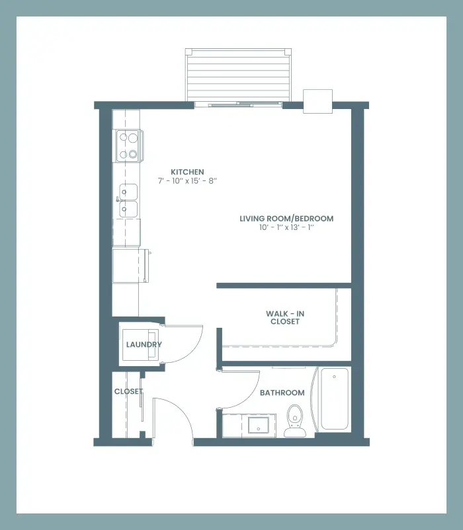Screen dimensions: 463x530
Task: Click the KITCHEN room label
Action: [187, 172]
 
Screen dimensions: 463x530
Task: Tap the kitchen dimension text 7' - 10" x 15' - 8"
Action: [187, 181]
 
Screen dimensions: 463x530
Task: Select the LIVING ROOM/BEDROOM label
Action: [286, 219]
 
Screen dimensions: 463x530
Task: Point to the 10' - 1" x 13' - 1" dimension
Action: [286, 227]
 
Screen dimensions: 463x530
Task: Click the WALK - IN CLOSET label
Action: [285, 318]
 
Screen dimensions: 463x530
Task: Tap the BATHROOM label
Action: [282, 393]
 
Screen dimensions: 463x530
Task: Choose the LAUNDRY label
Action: [144, 344]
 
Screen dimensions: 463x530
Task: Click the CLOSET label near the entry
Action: [128, 391]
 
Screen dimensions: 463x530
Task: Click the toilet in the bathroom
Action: [295, 421]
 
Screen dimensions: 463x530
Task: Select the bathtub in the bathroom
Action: [335, 399]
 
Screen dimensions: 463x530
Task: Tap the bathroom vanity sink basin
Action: [259, 425]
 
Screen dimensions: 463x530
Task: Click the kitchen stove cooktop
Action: [128, 146]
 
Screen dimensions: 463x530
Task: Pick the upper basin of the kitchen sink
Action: [128, 192]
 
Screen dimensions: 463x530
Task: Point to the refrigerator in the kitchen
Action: [130, 266]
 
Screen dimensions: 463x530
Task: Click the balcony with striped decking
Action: [238, 75]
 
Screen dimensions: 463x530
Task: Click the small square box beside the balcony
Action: [318, 101]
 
